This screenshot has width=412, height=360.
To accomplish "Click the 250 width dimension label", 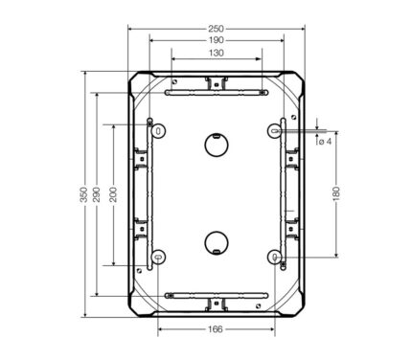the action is (x=216, y=29).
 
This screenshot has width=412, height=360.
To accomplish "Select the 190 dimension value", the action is (x=217, y=40).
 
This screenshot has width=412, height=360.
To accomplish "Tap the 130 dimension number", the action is (x=217, y=53).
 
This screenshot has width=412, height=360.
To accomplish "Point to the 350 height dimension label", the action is (x=83, y=194).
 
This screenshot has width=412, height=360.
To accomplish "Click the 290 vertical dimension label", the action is (x=96, y=194).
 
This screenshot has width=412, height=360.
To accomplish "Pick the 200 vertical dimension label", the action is (x=113, y=194).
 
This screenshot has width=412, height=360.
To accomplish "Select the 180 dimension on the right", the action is (x=336, y=194).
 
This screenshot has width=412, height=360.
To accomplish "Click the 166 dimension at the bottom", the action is (x=216, y=329).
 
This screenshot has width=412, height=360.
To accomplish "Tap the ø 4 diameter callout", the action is (x=325, y=141).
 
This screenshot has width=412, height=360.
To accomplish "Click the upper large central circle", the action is (x=217, y=145).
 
